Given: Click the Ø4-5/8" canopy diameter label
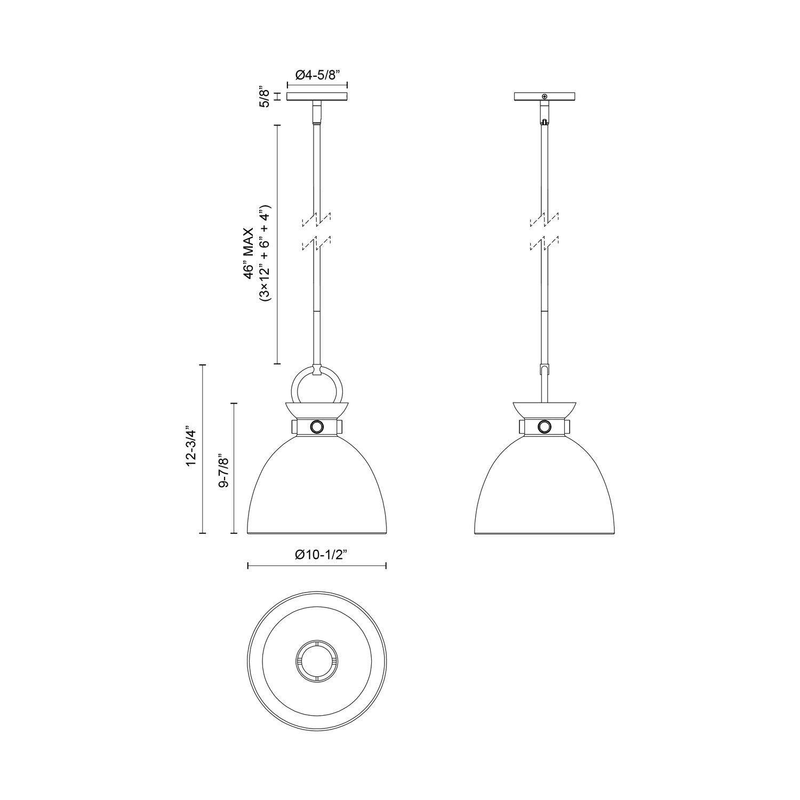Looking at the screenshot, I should click(x=317, y=75).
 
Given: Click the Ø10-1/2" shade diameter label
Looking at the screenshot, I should click(x=321, y=554).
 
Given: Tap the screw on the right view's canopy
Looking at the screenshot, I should click(x=544, y=96).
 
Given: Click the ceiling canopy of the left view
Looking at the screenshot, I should click(x=317, y=97).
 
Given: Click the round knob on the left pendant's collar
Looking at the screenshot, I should click(x=317, y=427).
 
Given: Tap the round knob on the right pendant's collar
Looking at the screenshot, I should click(x=544, y=427).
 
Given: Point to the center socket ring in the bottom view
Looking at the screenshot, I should click(x=317, y=660).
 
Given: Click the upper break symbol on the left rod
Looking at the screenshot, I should click(x=317, y=218).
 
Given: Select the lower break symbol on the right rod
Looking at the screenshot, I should click(x=544, y=245).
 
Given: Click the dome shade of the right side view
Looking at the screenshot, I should click(x=544, y=491).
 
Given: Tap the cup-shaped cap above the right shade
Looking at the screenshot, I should click(x=544, y=409).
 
